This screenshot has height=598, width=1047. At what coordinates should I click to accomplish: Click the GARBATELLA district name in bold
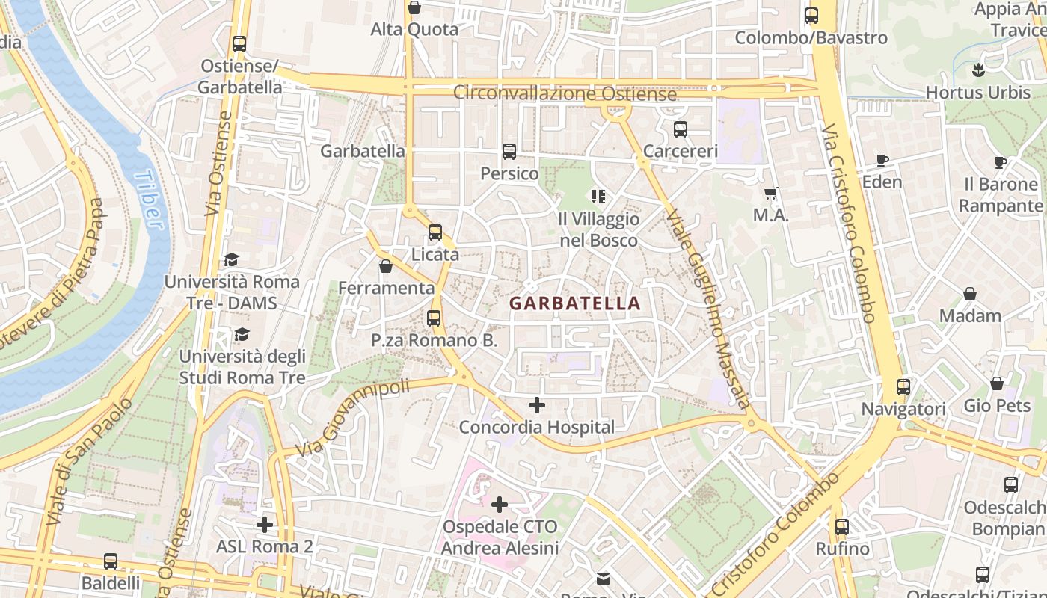click(x=574, y=303)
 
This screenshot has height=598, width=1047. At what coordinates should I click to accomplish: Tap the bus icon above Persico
click(x=509, y=152)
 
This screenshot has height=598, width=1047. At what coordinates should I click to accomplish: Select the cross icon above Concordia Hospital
click(x=537, y=406)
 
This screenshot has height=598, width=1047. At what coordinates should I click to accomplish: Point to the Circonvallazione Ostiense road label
click(x=565, y=94)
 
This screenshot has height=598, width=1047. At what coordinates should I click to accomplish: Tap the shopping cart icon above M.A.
click(x=771, y=194)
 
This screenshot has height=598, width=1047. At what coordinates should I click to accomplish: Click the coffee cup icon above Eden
click(x=882, y=160)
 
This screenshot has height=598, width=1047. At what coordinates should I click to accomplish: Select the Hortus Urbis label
click(x=977, y=93)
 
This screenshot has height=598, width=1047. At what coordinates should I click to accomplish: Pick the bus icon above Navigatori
click(x=903, y=387)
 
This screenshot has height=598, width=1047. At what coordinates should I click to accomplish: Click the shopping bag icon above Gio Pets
click(x=997, y=384)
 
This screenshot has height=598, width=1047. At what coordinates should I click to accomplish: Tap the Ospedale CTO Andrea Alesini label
click(x=500, y=537)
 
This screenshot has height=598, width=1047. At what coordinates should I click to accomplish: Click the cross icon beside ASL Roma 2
click(x=265, y=525)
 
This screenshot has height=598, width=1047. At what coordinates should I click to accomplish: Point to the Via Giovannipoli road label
click(x=353, y=417)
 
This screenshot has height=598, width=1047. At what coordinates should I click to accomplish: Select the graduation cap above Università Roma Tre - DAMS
click(x=231, y=260)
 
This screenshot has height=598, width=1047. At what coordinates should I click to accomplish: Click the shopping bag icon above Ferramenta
click(x=386, y=266)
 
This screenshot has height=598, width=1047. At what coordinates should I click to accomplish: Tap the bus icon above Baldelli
click(x=111, y=561)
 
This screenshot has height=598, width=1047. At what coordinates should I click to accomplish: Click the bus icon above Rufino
click(x=842, y=527)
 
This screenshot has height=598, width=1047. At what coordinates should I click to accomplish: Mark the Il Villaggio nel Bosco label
click(x=599, y=229)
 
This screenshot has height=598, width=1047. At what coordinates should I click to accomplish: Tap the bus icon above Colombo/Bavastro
click(x=811, y=16)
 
